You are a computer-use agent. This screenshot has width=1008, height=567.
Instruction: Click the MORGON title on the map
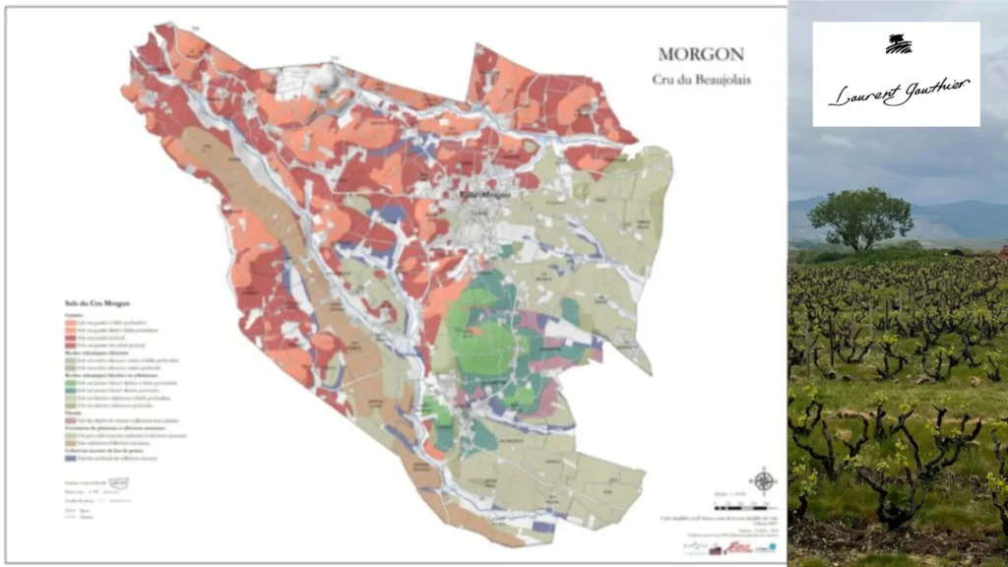tap(700, 55)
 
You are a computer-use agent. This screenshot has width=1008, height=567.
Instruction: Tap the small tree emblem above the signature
tap(898, 44)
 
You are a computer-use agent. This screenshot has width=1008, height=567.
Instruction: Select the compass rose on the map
tap(762, 481)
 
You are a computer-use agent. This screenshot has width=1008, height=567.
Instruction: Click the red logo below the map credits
tap(738, 547)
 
